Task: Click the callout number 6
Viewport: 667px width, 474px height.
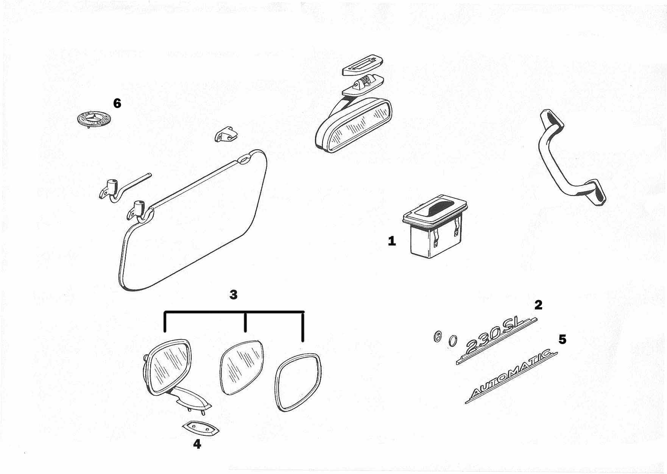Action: click(x=117, y=103)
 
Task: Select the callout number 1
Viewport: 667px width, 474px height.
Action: click(x=392, y=241)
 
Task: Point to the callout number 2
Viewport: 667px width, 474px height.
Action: click(x=538, y=305)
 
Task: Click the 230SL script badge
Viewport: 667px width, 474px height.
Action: click(x=496, y=340)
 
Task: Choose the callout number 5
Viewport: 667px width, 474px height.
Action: click(x=563, y=339)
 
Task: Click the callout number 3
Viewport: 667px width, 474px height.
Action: click(x=234, y=295)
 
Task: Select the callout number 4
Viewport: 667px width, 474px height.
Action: click(x=197, y=444)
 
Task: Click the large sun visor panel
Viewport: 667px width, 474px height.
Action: click(x=197, y=223)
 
